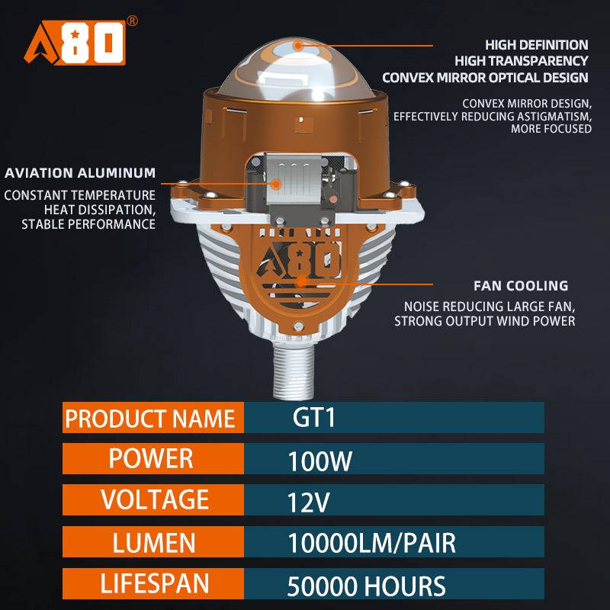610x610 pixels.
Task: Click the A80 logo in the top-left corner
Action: click(74, 43)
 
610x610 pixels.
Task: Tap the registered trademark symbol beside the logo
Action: click(132, 21)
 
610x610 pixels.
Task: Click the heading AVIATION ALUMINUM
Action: click(79, 173)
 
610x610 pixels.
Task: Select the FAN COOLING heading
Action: click(521, 286)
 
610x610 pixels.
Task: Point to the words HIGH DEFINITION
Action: click(537, 45)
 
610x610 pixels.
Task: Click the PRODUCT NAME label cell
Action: click(152, 419)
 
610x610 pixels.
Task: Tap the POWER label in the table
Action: click(152, 458)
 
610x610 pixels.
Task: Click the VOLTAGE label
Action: click(152, 499)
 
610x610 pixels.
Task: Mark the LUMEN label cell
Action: click(152, 542)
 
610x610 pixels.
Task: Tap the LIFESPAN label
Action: click(152, 583)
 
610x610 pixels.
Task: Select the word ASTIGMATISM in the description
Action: click(554, 116)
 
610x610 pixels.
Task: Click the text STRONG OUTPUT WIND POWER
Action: click(484, 321)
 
